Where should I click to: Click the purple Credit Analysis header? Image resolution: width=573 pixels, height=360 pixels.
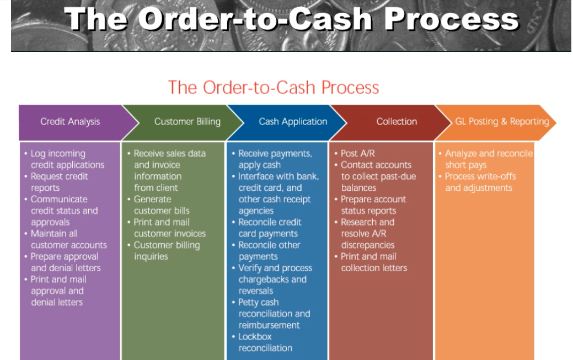coord(69,122)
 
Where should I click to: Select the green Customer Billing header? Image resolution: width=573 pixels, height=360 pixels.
coord(187,122)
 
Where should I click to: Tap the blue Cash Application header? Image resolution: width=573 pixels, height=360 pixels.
coord(293,122)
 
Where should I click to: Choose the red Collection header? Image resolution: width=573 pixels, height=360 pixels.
coord(397,122)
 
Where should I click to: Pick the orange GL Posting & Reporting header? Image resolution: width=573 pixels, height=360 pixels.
coord(502,122)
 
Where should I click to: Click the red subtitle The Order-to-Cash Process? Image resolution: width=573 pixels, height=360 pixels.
coord(274,88)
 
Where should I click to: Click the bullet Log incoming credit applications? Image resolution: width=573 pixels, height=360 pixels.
coord(67,159)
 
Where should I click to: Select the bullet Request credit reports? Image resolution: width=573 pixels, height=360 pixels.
coord(59,182)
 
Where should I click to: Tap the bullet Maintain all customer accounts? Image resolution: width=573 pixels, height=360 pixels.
coord(68,239)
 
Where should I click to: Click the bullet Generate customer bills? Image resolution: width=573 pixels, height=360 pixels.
coord(162,205)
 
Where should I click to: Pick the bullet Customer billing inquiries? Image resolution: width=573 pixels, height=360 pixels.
coord(166,251)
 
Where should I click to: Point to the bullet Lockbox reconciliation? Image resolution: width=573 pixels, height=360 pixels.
coord(265,342)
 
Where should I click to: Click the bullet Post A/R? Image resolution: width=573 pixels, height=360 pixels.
coord(357,154)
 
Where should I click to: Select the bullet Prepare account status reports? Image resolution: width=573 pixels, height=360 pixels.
coord(373,205)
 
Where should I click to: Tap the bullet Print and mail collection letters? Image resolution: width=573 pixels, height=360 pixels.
coord(373,262)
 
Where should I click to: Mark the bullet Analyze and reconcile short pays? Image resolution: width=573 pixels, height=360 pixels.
coord(488,159)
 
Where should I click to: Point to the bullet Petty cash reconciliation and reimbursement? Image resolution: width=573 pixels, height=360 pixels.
coord(274,314)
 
